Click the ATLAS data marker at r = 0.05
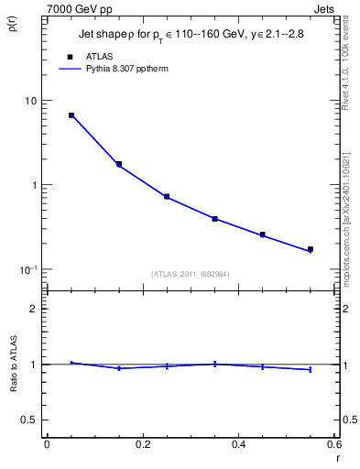click(71, 115)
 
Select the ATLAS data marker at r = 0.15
click(119, 164)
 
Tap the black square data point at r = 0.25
click(167, 196)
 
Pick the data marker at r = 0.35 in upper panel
click(214, 219)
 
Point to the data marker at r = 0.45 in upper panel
click(262, 234)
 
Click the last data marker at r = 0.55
click(310, 249)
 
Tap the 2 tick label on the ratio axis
click(34, 309)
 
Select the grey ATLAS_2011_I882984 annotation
click(191, 274)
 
